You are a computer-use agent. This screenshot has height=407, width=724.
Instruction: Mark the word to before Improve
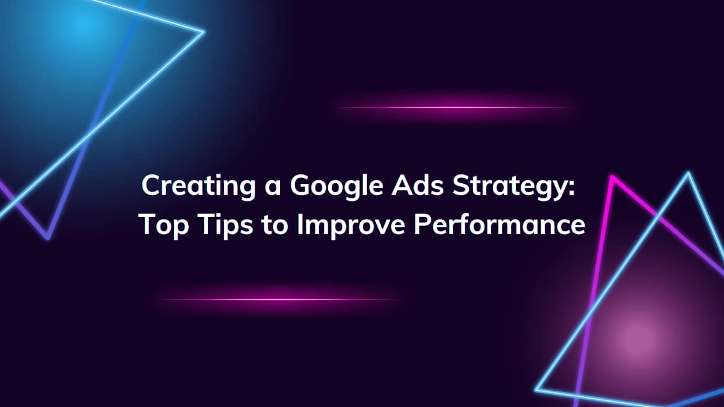[x=276, y=226]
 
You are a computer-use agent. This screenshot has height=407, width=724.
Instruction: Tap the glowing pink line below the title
[x=278, y=299]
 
